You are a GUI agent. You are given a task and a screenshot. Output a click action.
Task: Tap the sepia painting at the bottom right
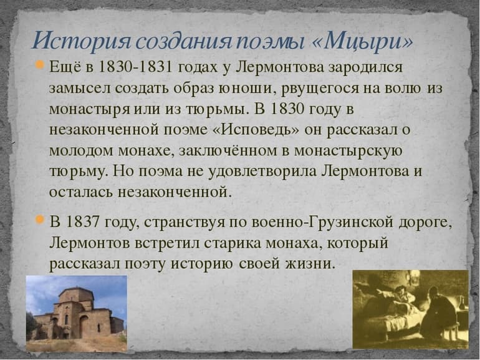pos(410,309)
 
